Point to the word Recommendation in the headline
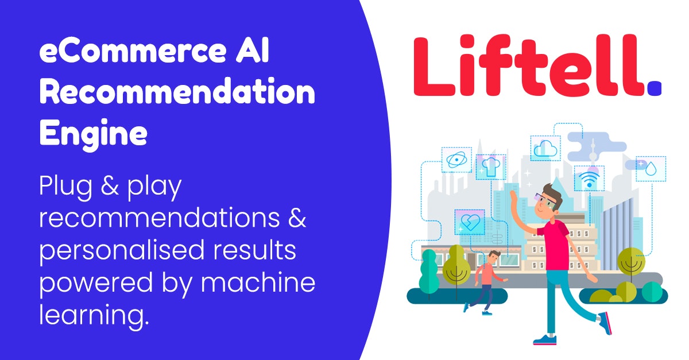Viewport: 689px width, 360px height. tap(177, 93)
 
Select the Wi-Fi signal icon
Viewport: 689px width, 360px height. tap(587, 180)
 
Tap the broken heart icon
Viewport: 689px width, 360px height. tap(470, 222)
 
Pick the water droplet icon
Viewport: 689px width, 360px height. tap(651, 168)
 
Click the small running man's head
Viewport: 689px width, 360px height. tap(495, 257)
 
